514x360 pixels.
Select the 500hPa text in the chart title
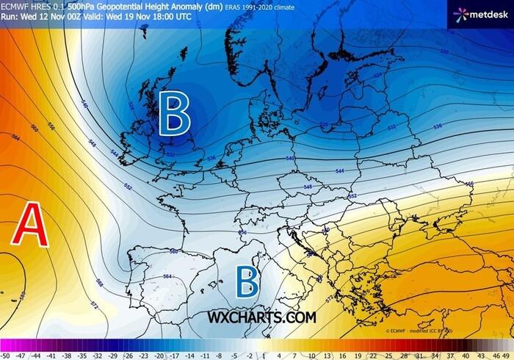pos(83,5)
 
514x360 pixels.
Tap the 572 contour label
pos(93,303)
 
